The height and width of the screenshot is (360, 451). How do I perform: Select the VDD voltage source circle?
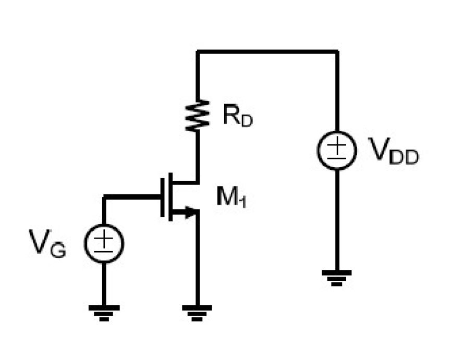coord(337,150)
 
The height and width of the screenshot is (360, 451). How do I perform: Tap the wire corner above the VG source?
coord(104,197)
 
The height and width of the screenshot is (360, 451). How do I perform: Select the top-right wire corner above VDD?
coord(337,52)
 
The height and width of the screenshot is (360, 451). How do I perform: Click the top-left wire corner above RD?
coord(198,52)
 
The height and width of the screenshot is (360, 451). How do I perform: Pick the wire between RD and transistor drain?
coord(198,156)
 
